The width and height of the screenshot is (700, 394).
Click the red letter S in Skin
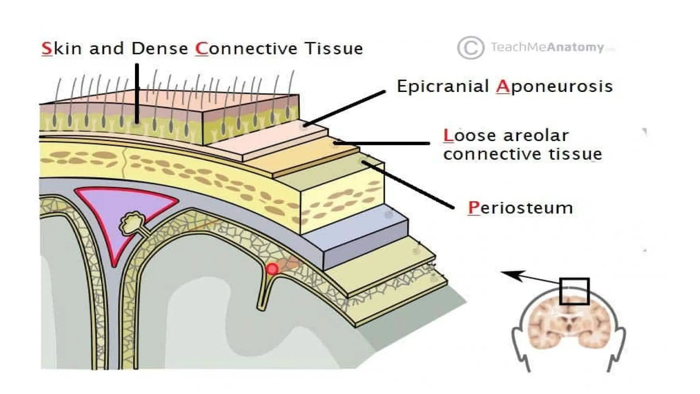[x=47, y=49]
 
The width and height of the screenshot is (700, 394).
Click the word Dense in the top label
[x=160, y=49]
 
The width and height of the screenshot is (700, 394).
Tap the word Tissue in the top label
[x=334, y=49]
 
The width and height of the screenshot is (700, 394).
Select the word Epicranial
[x=443, y=86]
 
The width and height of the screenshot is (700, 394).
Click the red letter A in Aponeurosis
[x=502, y=87]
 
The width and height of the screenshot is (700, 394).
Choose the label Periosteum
[x=520, y=208]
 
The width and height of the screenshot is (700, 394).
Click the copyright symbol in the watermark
[x=470, y=48]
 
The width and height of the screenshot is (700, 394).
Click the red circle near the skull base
[x=272, y=269]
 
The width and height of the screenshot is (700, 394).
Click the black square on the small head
[x=574, y=291]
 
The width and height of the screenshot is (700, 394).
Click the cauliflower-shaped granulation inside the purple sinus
[x=132, y=223]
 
